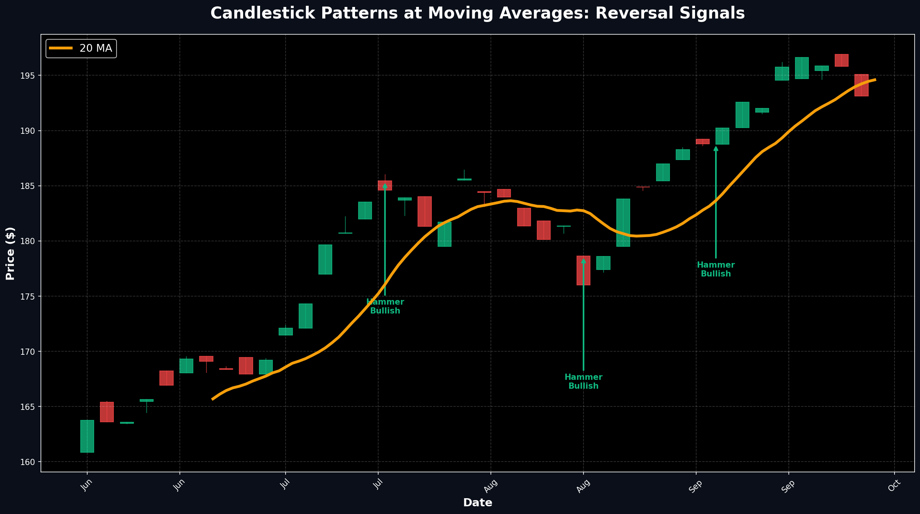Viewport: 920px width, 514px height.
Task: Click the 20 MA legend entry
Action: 81,49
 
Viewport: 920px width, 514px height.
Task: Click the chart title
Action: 477,13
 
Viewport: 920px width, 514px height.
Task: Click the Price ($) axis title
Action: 10,253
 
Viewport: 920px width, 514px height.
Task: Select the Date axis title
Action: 477,503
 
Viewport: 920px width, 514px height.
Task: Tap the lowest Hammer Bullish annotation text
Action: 583,381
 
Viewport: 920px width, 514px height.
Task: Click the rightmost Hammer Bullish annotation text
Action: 715,270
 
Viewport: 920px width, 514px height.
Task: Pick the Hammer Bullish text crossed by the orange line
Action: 385,307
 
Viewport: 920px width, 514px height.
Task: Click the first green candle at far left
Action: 87,436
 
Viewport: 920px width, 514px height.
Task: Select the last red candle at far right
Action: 861,85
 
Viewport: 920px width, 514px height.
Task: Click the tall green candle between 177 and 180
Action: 325,260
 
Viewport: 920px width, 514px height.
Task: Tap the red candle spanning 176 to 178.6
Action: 583,270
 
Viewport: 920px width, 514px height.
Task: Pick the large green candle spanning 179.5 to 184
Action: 623,222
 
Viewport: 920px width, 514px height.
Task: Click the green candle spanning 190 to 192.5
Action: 742,115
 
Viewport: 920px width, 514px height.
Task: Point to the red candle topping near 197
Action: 841,61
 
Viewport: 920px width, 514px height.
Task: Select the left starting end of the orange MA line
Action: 212,399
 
